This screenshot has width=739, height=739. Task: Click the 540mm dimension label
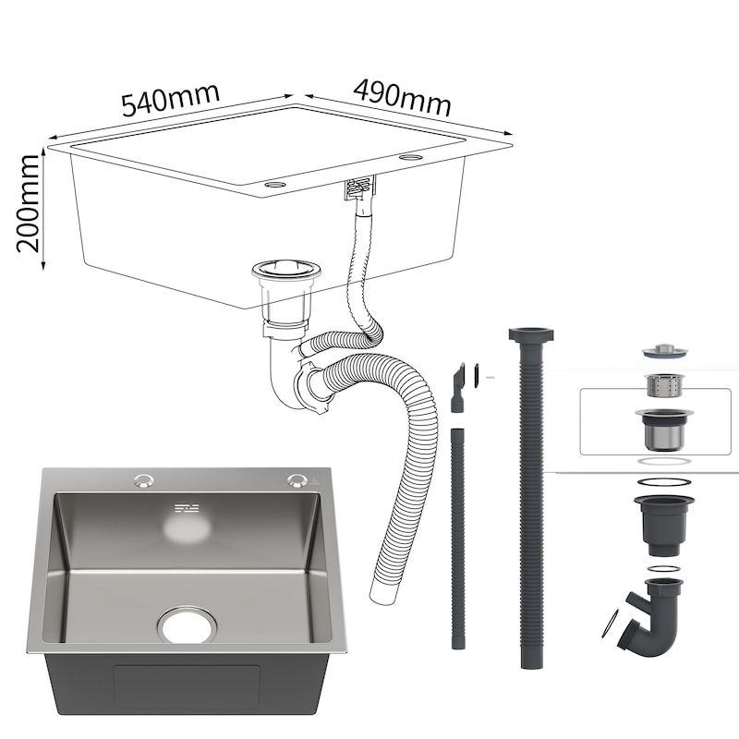[171, 100]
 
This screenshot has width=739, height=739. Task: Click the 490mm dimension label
[402, 98]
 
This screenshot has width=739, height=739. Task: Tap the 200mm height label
[28, 203]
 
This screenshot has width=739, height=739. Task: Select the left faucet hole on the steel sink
[143, 480]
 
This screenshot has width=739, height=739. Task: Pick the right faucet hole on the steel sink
[297, 479]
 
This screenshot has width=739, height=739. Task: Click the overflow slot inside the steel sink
[188, 509]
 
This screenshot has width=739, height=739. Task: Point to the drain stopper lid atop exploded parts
[663, 351]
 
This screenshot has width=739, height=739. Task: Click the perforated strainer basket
[663, 385]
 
